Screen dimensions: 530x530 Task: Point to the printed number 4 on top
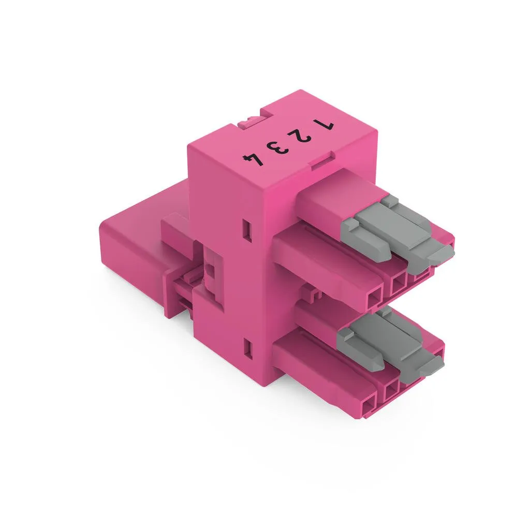(x=253, y=159)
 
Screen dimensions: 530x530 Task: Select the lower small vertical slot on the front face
(x=248, y=348)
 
